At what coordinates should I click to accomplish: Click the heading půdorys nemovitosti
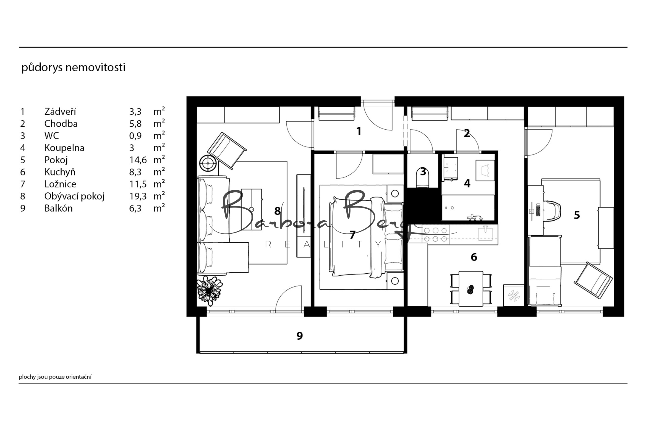(x=73, y=67)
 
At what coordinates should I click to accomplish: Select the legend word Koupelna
(x=64, y=148)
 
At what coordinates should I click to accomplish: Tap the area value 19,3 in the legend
(x=138, y=196)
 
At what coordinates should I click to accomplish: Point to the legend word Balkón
(x=59, y=208)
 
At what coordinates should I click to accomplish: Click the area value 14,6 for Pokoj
(x=138, y=160)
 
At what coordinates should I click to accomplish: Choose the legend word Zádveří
(x=60, y=111)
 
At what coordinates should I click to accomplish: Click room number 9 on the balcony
(x=299, y=336)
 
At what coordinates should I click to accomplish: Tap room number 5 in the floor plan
(x=577, y=215)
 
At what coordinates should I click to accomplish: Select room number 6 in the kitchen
(x=474, y=257)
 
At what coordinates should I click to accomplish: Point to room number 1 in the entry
(x=358, y=131)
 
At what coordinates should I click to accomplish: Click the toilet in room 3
(x=423, y=177)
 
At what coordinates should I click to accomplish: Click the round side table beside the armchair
(x=208, y=163)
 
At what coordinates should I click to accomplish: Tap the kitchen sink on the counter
(x=485, y=234)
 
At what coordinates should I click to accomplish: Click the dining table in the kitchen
(x=471, y=289)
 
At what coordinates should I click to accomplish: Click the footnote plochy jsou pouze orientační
(x=55, y=377)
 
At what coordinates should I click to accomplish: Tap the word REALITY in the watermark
(x=324, y=244)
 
